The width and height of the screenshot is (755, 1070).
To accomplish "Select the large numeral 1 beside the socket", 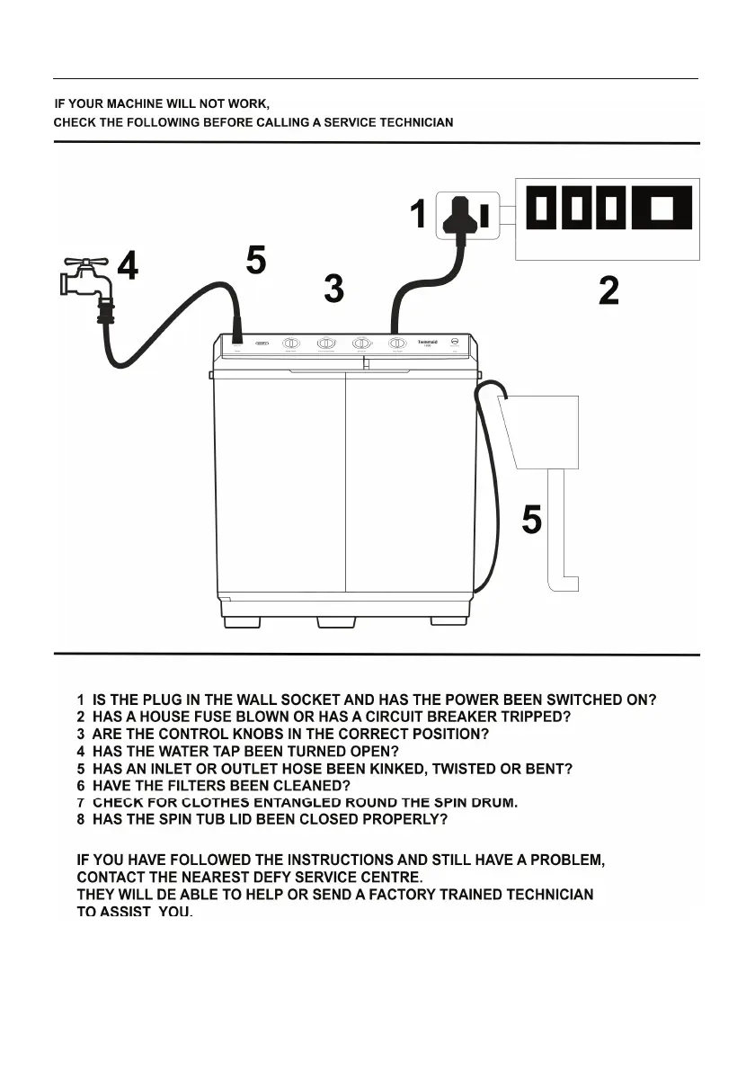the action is click(418, 216).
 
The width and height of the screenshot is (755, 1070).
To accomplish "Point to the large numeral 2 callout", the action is click(608, 290).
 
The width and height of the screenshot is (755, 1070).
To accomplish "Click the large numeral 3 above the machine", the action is click(333, 289).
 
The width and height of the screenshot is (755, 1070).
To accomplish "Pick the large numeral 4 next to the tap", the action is click(129, 266).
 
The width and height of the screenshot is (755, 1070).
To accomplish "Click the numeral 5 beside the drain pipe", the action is click(532, 520).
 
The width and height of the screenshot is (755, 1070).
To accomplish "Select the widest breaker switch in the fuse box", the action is click(662, 209).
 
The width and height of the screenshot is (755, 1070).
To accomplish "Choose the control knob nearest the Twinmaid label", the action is click(396, 343).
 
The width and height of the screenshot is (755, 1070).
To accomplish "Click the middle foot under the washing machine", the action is click(334, 621).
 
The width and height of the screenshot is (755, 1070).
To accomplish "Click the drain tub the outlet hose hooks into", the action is click(540, 430).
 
